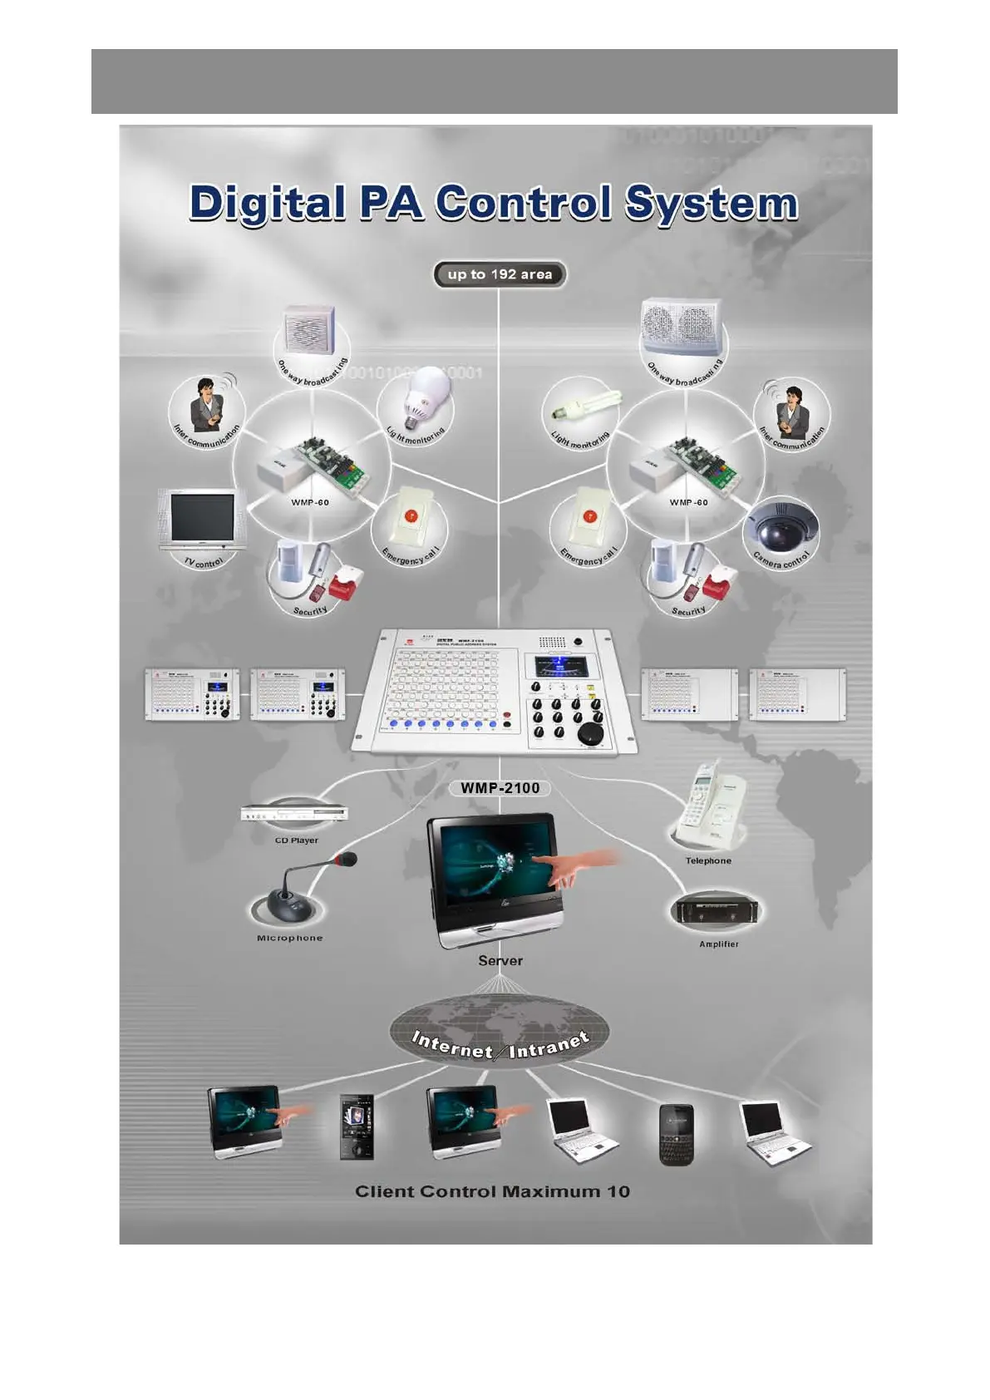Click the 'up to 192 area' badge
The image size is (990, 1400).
coord(500,274)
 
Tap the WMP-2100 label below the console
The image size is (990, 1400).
coord(500,787)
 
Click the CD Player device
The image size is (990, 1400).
coord(294,813)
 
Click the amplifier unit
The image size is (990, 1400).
coord(717,911)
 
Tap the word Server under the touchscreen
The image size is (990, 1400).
coord(500,960)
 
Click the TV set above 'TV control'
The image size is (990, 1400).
coord(202,520)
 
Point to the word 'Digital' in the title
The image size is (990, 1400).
coord(267,204)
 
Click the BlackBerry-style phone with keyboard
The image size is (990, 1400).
coord(676,1134)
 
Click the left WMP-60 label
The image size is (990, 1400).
coord(310,502)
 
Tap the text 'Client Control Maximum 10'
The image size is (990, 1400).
coord(492,1191)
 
